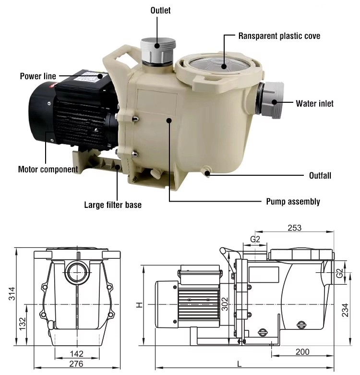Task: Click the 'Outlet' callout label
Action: (x=160, y=10)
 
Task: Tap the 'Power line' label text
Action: (x=38, y=76)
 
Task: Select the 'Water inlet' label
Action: (x=314, y=103)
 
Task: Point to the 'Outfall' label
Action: (x=319, y=176)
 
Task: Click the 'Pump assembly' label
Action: (x=293, y=202)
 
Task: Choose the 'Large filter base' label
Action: (x=113, y=205)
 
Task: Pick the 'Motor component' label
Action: (x=48, y=169)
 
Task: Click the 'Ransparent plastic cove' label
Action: (x=279, y=36)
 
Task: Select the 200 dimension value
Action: (x=302, y=352)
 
